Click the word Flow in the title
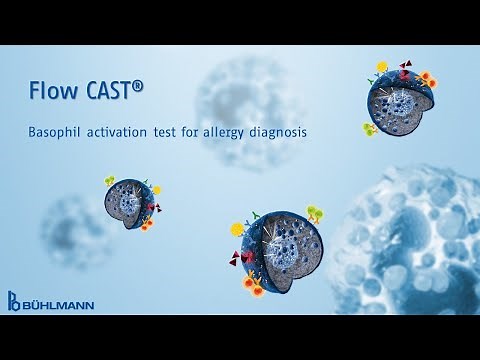(53, 93)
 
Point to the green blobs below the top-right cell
(370, 128)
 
